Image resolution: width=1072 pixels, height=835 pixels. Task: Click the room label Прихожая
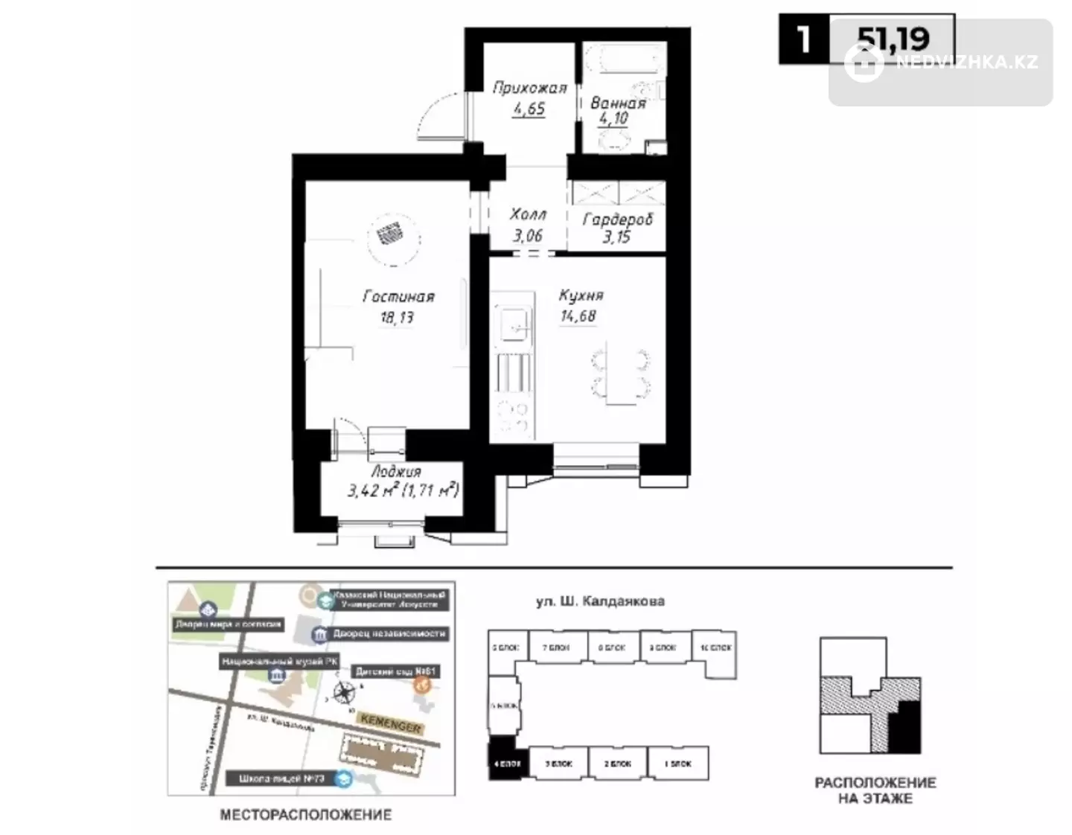click(529, 88)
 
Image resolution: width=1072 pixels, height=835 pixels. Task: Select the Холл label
click(528, 214)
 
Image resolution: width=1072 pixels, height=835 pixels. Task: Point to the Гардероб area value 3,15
click(616, 237)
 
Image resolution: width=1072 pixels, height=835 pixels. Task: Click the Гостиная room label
click(398, 296)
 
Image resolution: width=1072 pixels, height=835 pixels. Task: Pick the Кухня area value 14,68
click(578, 316)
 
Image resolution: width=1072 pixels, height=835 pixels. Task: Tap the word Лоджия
click(395, 472)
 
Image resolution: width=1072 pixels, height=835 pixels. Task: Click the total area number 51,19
click(893, 38)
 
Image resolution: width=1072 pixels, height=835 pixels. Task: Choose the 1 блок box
click(677, 764)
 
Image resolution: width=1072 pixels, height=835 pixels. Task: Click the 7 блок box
click(555, 648)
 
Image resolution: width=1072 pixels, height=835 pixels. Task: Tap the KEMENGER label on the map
click(390, 722)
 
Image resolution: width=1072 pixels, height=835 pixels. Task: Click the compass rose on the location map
click(344, 692)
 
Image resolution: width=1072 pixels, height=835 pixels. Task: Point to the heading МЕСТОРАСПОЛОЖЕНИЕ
click(305, 815)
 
